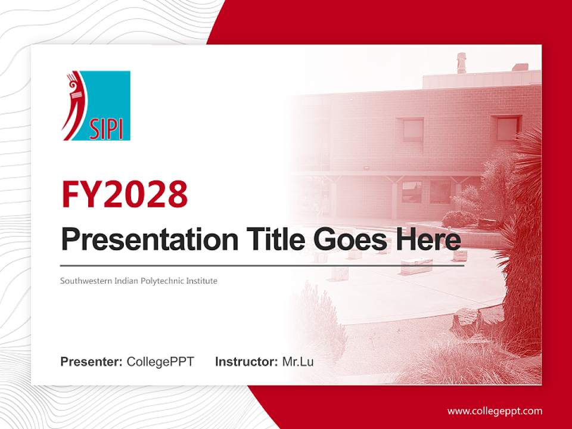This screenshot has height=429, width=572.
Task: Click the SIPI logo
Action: click(x=96, y=105)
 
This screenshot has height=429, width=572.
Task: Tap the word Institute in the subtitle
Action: click(x=200, y=281)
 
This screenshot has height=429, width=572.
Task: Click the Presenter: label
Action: click(x=92, y=362)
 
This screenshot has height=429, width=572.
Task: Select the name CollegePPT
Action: click(x=160, y=362)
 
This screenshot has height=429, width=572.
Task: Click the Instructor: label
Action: click(x=246, y=362)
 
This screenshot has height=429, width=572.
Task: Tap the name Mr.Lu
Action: click(x=298, y=362)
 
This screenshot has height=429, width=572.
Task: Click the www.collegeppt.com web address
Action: click(x=495, y=411)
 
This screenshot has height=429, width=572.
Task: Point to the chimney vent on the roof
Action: click(x=461, y=62)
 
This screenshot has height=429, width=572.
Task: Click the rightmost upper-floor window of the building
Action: click(x=507, y=128)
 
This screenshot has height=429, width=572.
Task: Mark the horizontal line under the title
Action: click(x=262, y=265)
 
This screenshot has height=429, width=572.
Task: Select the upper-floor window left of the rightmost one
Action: click(x=412, y=129)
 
